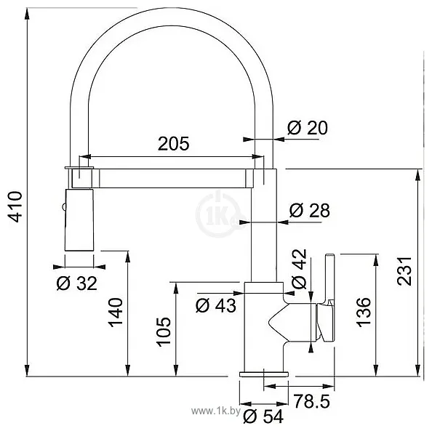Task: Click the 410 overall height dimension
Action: pyautogui.click(x=15, y=206)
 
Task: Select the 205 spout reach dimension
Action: pyautogui.click(x=174, y=143)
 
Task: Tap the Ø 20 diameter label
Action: pyautogui.click(x=308, y=127)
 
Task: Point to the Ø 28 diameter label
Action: pyautogui.click(x=309, y=210)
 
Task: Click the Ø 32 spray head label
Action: pyautogui.click(x=77, y=283)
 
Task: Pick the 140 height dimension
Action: pyautogui.click(x=115, y=313)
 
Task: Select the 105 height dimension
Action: pyautogui.click(x=164, y=331)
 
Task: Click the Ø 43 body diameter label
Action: pyautogui.click(x=216, y=305)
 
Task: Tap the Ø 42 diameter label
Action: pyautogui.click(x=299, y=269)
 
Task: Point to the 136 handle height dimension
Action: pyautogui.click(x=364, y=313)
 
